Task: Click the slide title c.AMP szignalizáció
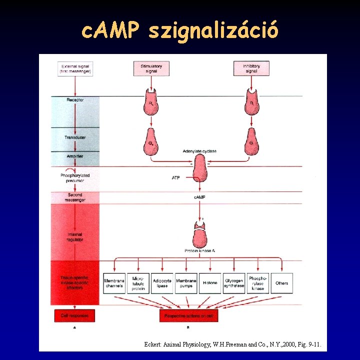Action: [x=179, y=31]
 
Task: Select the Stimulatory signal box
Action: [x=151, y=68]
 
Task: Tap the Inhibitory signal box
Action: [x=251, y=68]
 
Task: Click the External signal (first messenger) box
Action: [x=75, y=68]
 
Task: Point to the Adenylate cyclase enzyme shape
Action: [x=200, y=167]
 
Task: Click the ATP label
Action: [x=175, y=177]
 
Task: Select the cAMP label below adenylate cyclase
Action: [x=199, y=197]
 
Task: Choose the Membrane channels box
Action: [x=114, y=283]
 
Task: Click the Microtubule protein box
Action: [x=138, y=283]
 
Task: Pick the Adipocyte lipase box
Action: [x=162, y=283]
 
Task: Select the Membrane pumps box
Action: [x=186, y=283]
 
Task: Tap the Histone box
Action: [x=210, y=283]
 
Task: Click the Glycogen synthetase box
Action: [x=234, y=283]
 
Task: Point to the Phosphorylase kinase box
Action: [x=258, y=283]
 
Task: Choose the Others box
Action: [x=282, y=283]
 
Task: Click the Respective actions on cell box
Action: [x=189, y=316]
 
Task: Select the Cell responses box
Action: [x=74, y=316]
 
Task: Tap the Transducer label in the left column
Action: [x=75, y=137]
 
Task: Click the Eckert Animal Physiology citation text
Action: [x=232, y=344]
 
